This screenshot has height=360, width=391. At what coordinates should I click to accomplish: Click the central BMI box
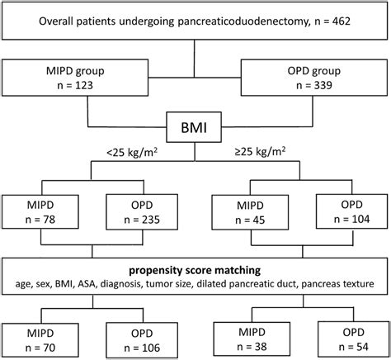pos(195,129)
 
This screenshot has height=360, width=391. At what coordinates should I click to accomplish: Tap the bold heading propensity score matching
pos(195,270)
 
